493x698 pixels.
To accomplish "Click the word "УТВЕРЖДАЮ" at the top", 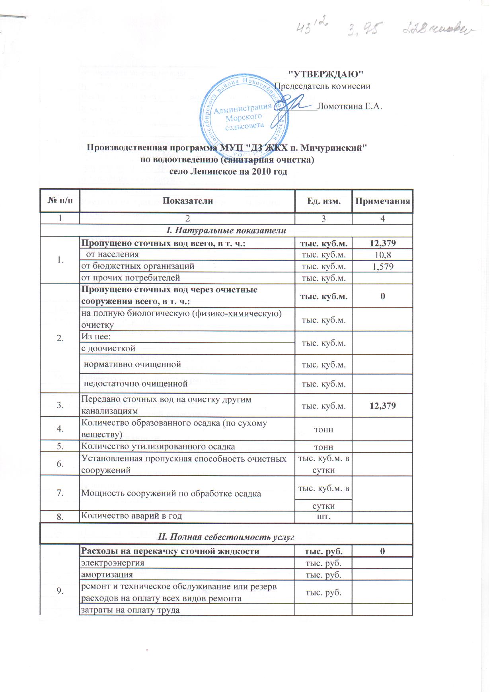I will (x=325, y=74).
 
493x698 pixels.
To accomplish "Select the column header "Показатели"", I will (x=187, y=201).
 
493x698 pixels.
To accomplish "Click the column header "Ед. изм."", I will (x=323, y=201).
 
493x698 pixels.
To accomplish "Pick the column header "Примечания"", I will (x=382, y=201).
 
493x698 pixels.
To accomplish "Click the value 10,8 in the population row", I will (x=382, y=255).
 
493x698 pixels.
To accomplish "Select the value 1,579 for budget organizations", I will (x=382, y=266).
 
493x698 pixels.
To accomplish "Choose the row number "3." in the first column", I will (x=60, y=405).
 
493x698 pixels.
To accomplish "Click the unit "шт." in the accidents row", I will (x=323, y=517).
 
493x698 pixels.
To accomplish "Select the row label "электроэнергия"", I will (x=113, y=563).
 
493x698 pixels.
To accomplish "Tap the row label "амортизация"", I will (x=107, y=574).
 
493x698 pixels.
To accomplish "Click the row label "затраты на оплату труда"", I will (x=131, y=610).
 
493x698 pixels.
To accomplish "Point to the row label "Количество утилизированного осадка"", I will (x=158, y=447).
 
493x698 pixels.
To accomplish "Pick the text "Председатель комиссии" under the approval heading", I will (x=322, y=86).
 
